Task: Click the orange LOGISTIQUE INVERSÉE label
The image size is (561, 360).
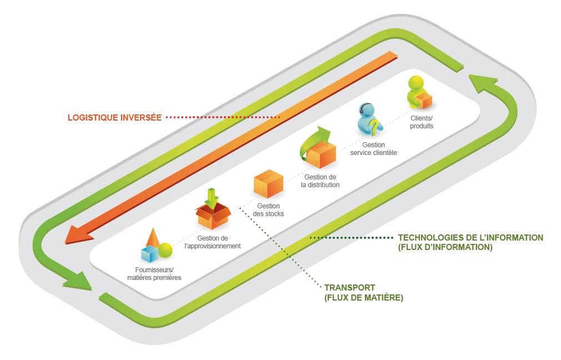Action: coord(114,117)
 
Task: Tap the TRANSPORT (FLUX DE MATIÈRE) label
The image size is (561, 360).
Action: coord(363,293)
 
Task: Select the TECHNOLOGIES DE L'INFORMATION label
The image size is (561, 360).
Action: coord(470,242)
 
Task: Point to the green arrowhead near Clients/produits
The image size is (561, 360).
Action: coord(481,84)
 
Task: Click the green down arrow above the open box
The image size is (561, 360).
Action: coord(211,197)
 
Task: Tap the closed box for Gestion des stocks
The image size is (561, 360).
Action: coord(268,183)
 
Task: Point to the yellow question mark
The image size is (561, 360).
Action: coord(375,128)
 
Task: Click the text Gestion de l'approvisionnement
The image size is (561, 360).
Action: coord(212,242)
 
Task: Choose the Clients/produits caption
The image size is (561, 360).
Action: coord(422,122)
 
